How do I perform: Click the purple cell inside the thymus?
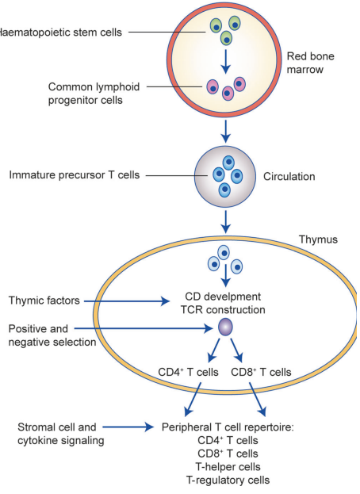(x=225, y=327)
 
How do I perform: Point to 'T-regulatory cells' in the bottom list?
(x=228, y=480)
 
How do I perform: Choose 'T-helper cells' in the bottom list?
(x=228, y=466)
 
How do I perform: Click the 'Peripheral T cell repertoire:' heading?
(x=228, y=427)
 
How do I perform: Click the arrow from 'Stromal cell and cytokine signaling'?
(x=127, y=427)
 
